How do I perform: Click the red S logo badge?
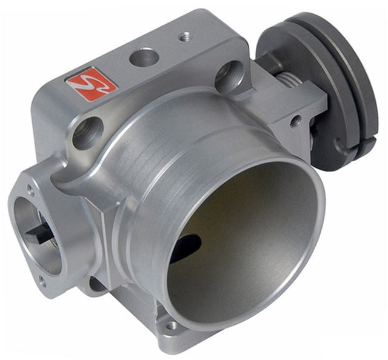coord(91,84)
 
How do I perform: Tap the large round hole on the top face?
coord(144,58)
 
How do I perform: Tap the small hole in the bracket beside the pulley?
coord(295,121)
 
